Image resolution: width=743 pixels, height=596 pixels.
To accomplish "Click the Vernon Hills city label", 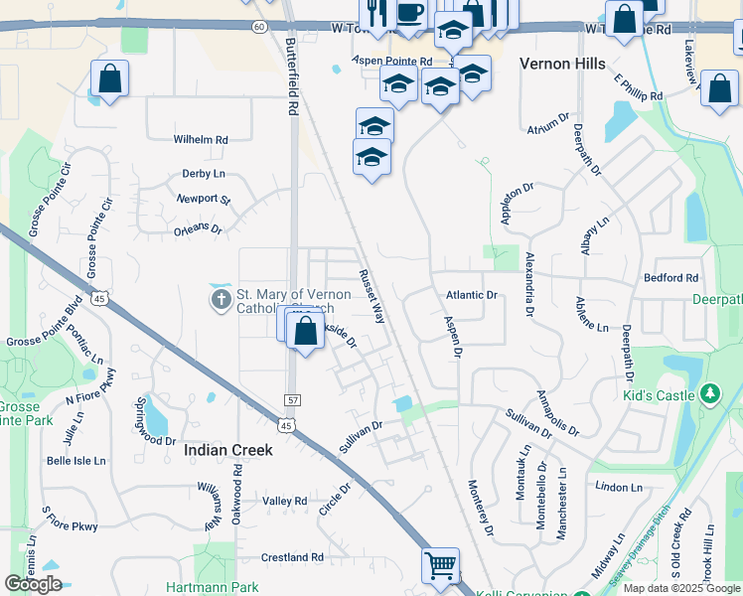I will tap(561, 64).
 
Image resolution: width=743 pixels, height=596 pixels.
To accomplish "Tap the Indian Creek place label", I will tap(227, 450).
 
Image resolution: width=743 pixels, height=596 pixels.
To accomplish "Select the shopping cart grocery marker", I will tap(440, 566).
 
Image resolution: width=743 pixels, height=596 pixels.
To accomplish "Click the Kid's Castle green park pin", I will tap(709, 395).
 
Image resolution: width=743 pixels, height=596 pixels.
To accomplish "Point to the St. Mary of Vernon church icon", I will tap(221, 299).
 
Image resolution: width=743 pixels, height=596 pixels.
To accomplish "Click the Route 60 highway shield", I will tap(259, 26).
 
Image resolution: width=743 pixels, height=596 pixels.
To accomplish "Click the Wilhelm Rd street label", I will tap(201, 140).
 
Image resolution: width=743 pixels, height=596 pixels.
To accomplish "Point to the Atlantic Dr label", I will tap(471, 295).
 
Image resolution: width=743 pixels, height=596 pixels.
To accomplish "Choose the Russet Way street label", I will tap(371, 297).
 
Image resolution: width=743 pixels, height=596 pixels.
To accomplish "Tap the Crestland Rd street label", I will tap(292, 558).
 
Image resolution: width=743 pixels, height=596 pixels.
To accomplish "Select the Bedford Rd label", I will tap(670, 278).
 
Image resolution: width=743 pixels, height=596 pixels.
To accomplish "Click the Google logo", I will tap(32, 583).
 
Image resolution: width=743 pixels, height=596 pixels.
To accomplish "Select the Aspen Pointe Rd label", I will tap(393, 62).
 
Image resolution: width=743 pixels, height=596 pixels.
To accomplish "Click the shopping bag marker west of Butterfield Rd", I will tap(109, 78).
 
